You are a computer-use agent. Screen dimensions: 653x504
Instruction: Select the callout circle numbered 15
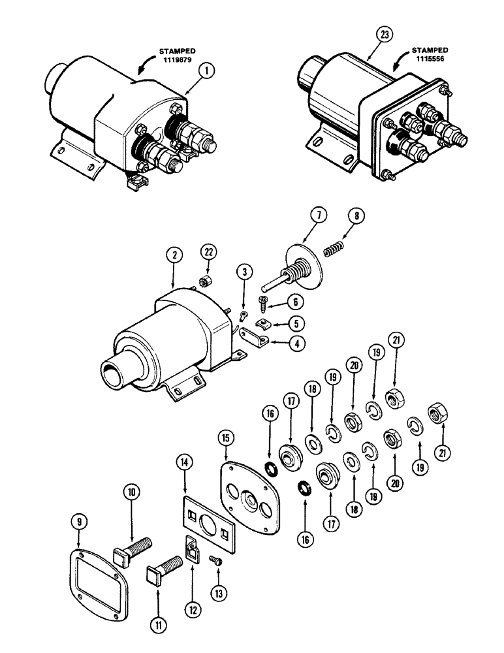(226, 435)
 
